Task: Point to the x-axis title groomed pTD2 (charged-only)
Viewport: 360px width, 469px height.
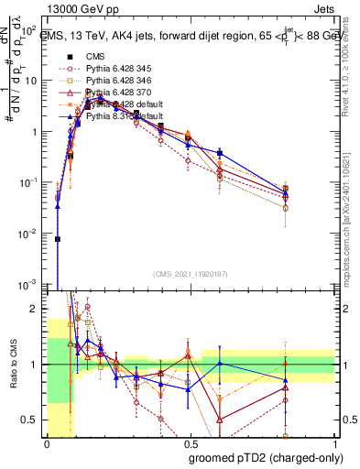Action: [x=264, y=457]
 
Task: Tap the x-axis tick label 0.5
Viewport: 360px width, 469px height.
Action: [x=191, y=442]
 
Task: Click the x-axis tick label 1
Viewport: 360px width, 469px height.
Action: [x=334, y=442]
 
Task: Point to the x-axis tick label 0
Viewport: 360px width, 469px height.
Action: [x=47, y=442]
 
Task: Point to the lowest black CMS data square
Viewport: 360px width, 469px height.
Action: [x=57, y=239]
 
